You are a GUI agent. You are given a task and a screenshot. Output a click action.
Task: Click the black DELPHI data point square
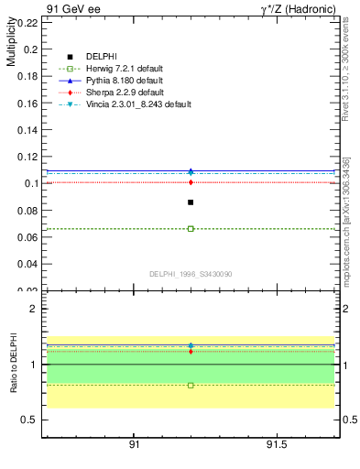(x=191, y=202)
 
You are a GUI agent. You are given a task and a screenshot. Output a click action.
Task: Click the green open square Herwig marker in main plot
(x=191, y=228)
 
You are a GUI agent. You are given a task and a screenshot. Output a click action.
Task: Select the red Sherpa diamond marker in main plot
(x=191, y=182)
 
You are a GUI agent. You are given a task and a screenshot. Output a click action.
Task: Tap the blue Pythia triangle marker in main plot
(x=191, y=171)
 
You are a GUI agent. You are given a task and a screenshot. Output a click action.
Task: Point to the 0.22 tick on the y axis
(x=26, y=23)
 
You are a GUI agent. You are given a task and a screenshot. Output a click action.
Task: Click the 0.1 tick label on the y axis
(x=29, y=183)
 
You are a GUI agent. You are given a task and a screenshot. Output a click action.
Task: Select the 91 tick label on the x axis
(x=134, y=444)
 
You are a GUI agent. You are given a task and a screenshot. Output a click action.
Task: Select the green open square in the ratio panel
(x=191, y=386)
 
